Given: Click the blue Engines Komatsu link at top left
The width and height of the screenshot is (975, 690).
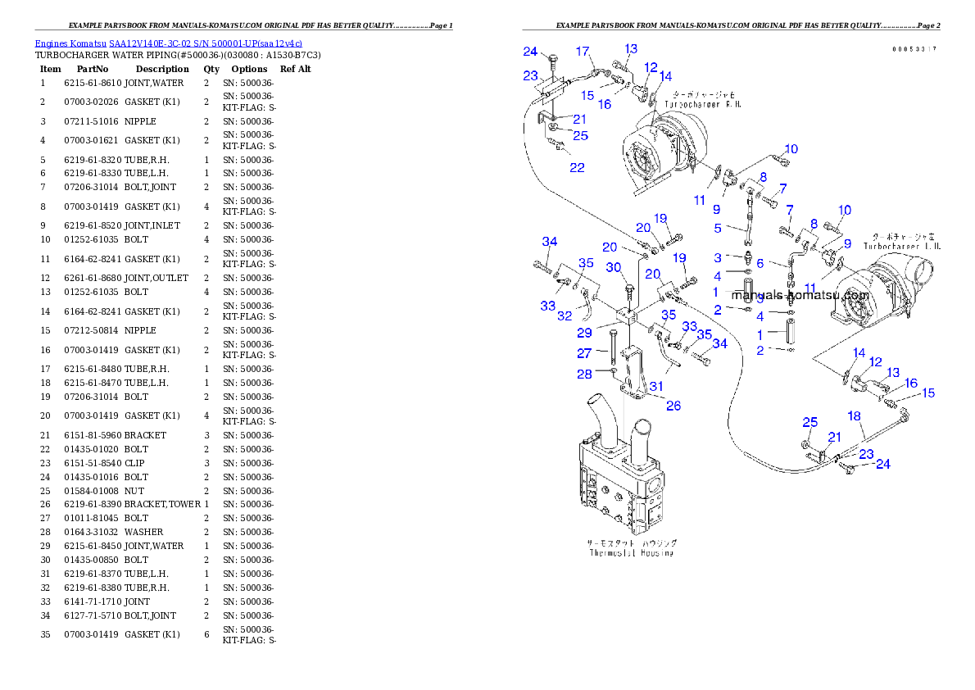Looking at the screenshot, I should click(x=168, y=43).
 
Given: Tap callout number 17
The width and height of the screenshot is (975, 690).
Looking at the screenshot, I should click(x=583, y=52).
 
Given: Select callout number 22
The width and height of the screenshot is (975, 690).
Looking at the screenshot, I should click(x=578, y=167).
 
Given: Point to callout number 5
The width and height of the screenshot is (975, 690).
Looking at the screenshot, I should click(x=718, y=229).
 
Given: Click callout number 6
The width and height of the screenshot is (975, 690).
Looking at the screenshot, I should click(x=760, y=263).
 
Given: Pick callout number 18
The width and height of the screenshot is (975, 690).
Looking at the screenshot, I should click(x=854, y=416).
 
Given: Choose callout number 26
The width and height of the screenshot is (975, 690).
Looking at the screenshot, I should click(x=673, y=405).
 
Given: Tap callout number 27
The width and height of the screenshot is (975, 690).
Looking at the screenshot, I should click(x=583, y=353).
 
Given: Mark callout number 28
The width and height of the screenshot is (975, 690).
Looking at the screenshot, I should click(x=583, y=375).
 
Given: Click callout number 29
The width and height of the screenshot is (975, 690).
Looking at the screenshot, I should click(x=583, y=333).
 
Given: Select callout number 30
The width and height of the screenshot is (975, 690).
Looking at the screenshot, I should click(x=614, y=267).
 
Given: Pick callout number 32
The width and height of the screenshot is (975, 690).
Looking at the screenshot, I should click(x=565, y=315).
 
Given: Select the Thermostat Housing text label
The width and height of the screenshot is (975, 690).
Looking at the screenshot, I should click(x=632, y=548).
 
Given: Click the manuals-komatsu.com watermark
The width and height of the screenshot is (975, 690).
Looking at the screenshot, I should click(x=800, y=295).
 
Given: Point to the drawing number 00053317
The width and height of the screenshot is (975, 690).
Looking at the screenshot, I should click(x=914, y=50).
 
